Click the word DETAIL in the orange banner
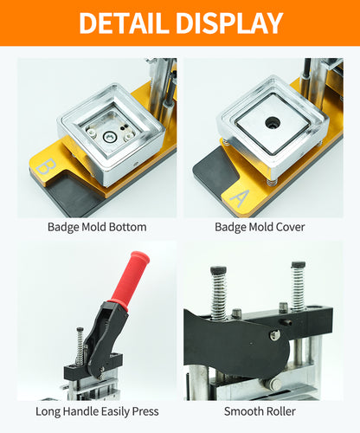[x=123, y=23]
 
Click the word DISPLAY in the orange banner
[x=229, y=23]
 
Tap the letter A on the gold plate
[x=239, y=198]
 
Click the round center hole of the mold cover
[x=273, y=123]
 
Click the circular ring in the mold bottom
[x=110, y=137]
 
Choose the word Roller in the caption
[x=280, y=411]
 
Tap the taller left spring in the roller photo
[x=218, y=293]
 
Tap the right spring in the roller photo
[x=298, y=286]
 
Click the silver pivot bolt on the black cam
[x=274, y=334]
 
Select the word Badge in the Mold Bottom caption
[x=63, y=228]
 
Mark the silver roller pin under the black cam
[x=273, y=384]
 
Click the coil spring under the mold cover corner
[x=270, y=182]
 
